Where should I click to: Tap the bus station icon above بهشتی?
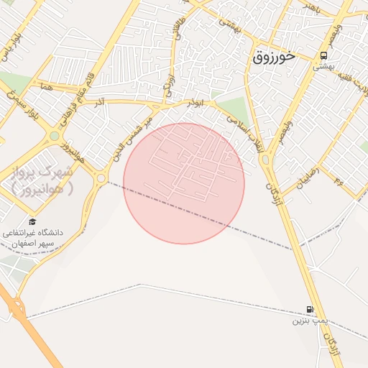[x=324, y=55]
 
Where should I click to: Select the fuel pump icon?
[x=310, y=309]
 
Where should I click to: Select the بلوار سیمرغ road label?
[x=26, y=107]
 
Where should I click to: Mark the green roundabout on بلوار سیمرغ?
[x=55, y=135]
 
